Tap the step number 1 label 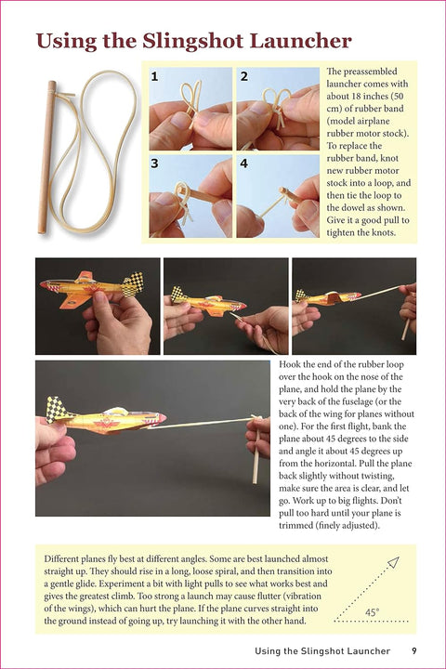[154, 76]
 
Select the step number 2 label [243, 76]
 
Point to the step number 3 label [154, 164]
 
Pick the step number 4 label [243, 164]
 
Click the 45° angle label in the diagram [373, 612]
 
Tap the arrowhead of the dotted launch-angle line [394, 562]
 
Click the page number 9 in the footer [413, 651]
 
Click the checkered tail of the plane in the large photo [57, 409]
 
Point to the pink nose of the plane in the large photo [161, 418]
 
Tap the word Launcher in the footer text [368, 651]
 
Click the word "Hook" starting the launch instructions [288, 364]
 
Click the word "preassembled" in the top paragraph [370, 72]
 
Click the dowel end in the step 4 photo [283, 190]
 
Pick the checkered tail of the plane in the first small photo [133, 284]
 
